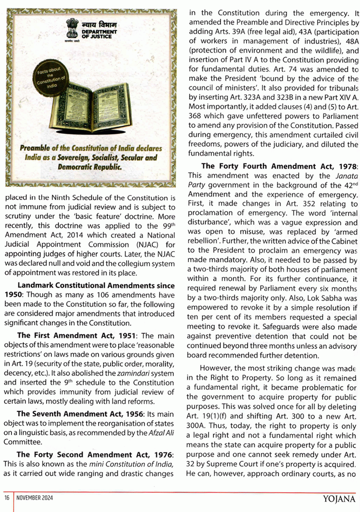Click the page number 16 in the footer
tap(7, 498)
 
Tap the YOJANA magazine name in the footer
tap(339, 499)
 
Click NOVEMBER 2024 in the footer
tap(34, 498)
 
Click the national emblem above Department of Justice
tap(72, 29)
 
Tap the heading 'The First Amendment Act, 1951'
tap(76, 336)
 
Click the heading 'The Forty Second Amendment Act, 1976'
tap(94, 455)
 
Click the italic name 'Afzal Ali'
tap(161, 433)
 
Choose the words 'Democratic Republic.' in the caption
tap(90, 167)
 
